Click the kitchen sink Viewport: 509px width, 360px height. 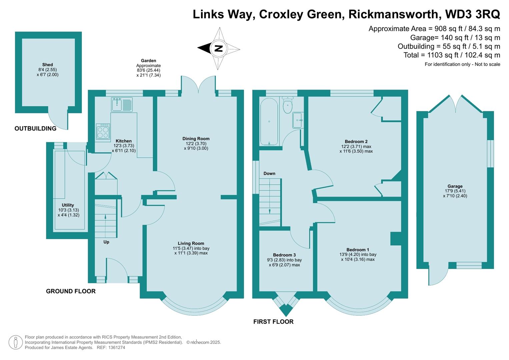tap(122, 104)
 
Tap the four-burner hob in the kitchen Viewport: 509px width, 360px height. tap(103, 131)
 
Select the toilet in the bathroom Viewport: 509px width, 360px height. tap(288, 105)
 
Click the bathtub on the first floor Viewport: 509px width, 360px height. tap(269, 122)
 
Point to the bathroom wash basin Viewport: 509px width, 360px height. tap(298, 120)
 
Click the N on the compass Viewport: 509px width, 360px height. tap(219, 48)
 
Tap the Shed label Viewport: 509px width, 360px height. tap(47, 65)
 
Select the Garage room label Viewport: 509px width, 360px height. tap(455, 186)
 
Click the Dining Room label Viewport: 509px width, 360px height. tap(196, 139)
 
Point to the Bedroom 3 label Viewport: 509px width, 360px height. tap(284, 255)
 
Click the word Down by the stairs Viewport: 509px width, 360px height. tap(269, 173)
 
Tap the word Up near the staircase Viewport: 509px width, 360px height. tap(106, 242)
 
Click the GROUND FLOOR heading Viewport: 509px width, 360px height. tap(71, 291)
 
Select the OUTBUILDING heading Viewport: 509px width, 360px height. tap(35, 128)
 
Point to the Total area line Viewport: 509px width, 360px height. tap(452, 55)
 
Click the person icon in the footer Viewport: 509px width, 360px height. tap(16, 342)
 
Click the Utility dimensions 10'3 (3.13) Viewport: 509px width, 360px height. tap(69, 210)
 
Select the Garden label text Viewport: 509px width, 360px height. tap(148, 61)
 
